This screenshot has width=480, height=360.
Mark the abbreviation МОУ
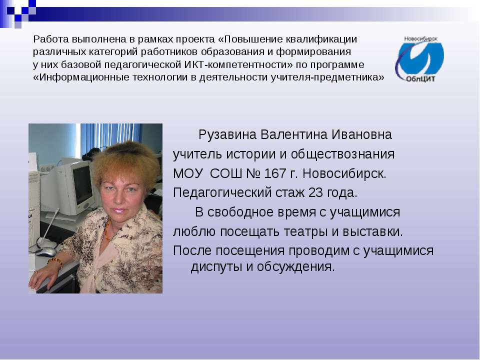click(187, 174)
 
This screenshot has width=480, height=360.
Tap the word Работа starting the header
click(50, 39)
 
